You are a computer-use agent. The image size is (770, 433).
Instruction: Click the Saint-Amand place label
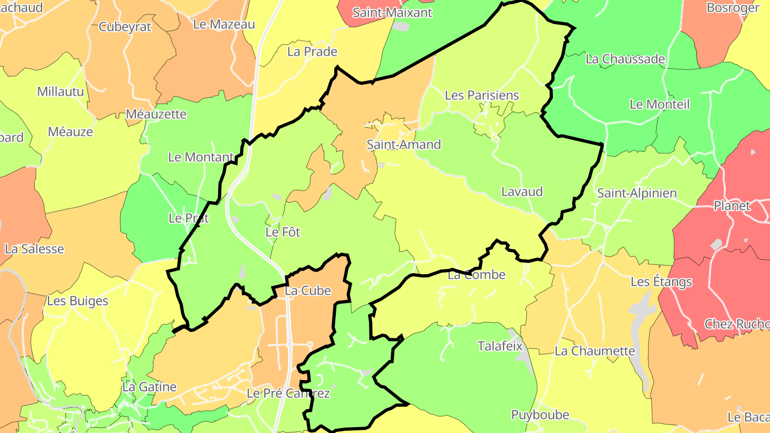404,144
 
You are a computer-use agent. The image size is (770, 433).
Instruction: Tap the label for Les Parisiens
482,95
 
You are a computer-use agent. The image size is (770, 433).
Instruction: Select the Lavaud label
522,191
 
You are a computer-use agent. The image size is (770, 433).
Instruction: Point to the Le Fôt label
283,232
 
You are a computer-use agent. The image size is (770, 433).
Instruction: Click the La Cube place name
308,291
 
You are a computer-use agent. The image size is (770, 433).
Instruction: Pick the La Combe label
476,275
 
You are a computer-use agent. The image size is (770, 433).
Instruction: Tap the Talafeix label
499,345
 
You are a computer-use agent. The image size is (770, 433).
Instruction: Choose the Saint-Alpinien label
637,193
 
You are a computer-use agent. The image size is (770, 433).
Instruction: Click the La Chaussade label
625,59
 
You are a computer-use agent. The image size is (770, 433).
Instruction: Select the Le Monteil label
659,104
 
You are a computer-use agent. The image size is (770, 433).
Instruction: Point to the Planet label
732,206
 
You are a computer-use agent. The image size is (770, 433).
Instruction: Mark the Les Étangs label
661,282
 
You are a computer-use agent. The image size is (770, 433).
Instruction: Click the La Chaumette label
595,351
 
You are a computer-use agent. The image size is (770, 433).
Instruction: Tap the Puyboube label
540,415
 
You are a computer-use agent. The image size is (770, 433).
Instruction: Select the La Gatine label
149,386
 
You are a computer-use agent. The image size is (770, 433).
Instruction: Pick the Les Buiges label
78,301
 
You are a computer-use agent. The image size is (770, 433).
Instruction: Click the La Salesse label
34,249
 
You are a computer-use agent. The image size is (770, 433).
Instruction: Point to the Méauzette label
156,114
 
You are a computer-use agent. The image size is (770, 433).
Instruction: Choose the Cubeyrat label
126,27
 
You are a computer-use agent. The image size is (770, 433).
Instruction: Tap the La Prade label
312,52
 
